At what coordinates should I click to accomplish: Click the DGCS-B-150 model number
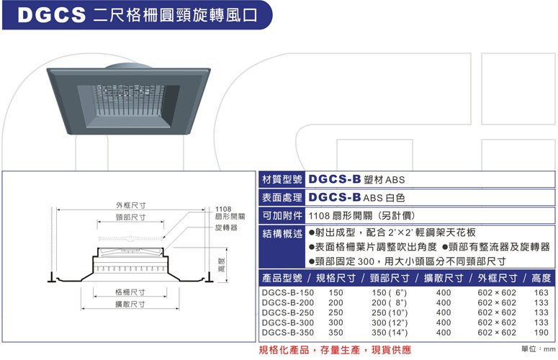(287, 293)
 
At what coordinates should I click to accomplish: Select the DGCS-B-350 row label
(287, 333)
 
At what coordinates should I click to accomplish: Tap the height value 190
(541, 333)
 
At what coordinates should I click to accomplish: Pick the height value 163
(541, 293)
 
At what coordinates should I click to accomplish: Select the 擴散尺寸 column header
(443, 278)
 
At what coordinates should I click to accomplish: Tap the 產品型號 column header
(282, 278)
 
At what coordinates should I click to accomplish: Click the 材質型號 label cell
(282, 180)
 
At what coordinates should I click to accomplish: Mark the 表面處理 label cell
(282, 198)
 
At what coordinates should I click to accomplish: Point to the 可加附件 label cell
(282, 215)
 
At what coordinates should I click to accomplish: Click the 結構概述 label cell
(282, 233)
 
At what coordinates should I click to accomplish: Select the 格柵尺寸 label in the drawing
(130, 293)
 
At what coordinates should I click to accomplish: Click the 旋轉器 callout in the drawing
(227, 227)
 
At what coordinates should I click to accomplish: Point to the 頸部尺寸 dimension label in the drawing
(130, 217)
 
